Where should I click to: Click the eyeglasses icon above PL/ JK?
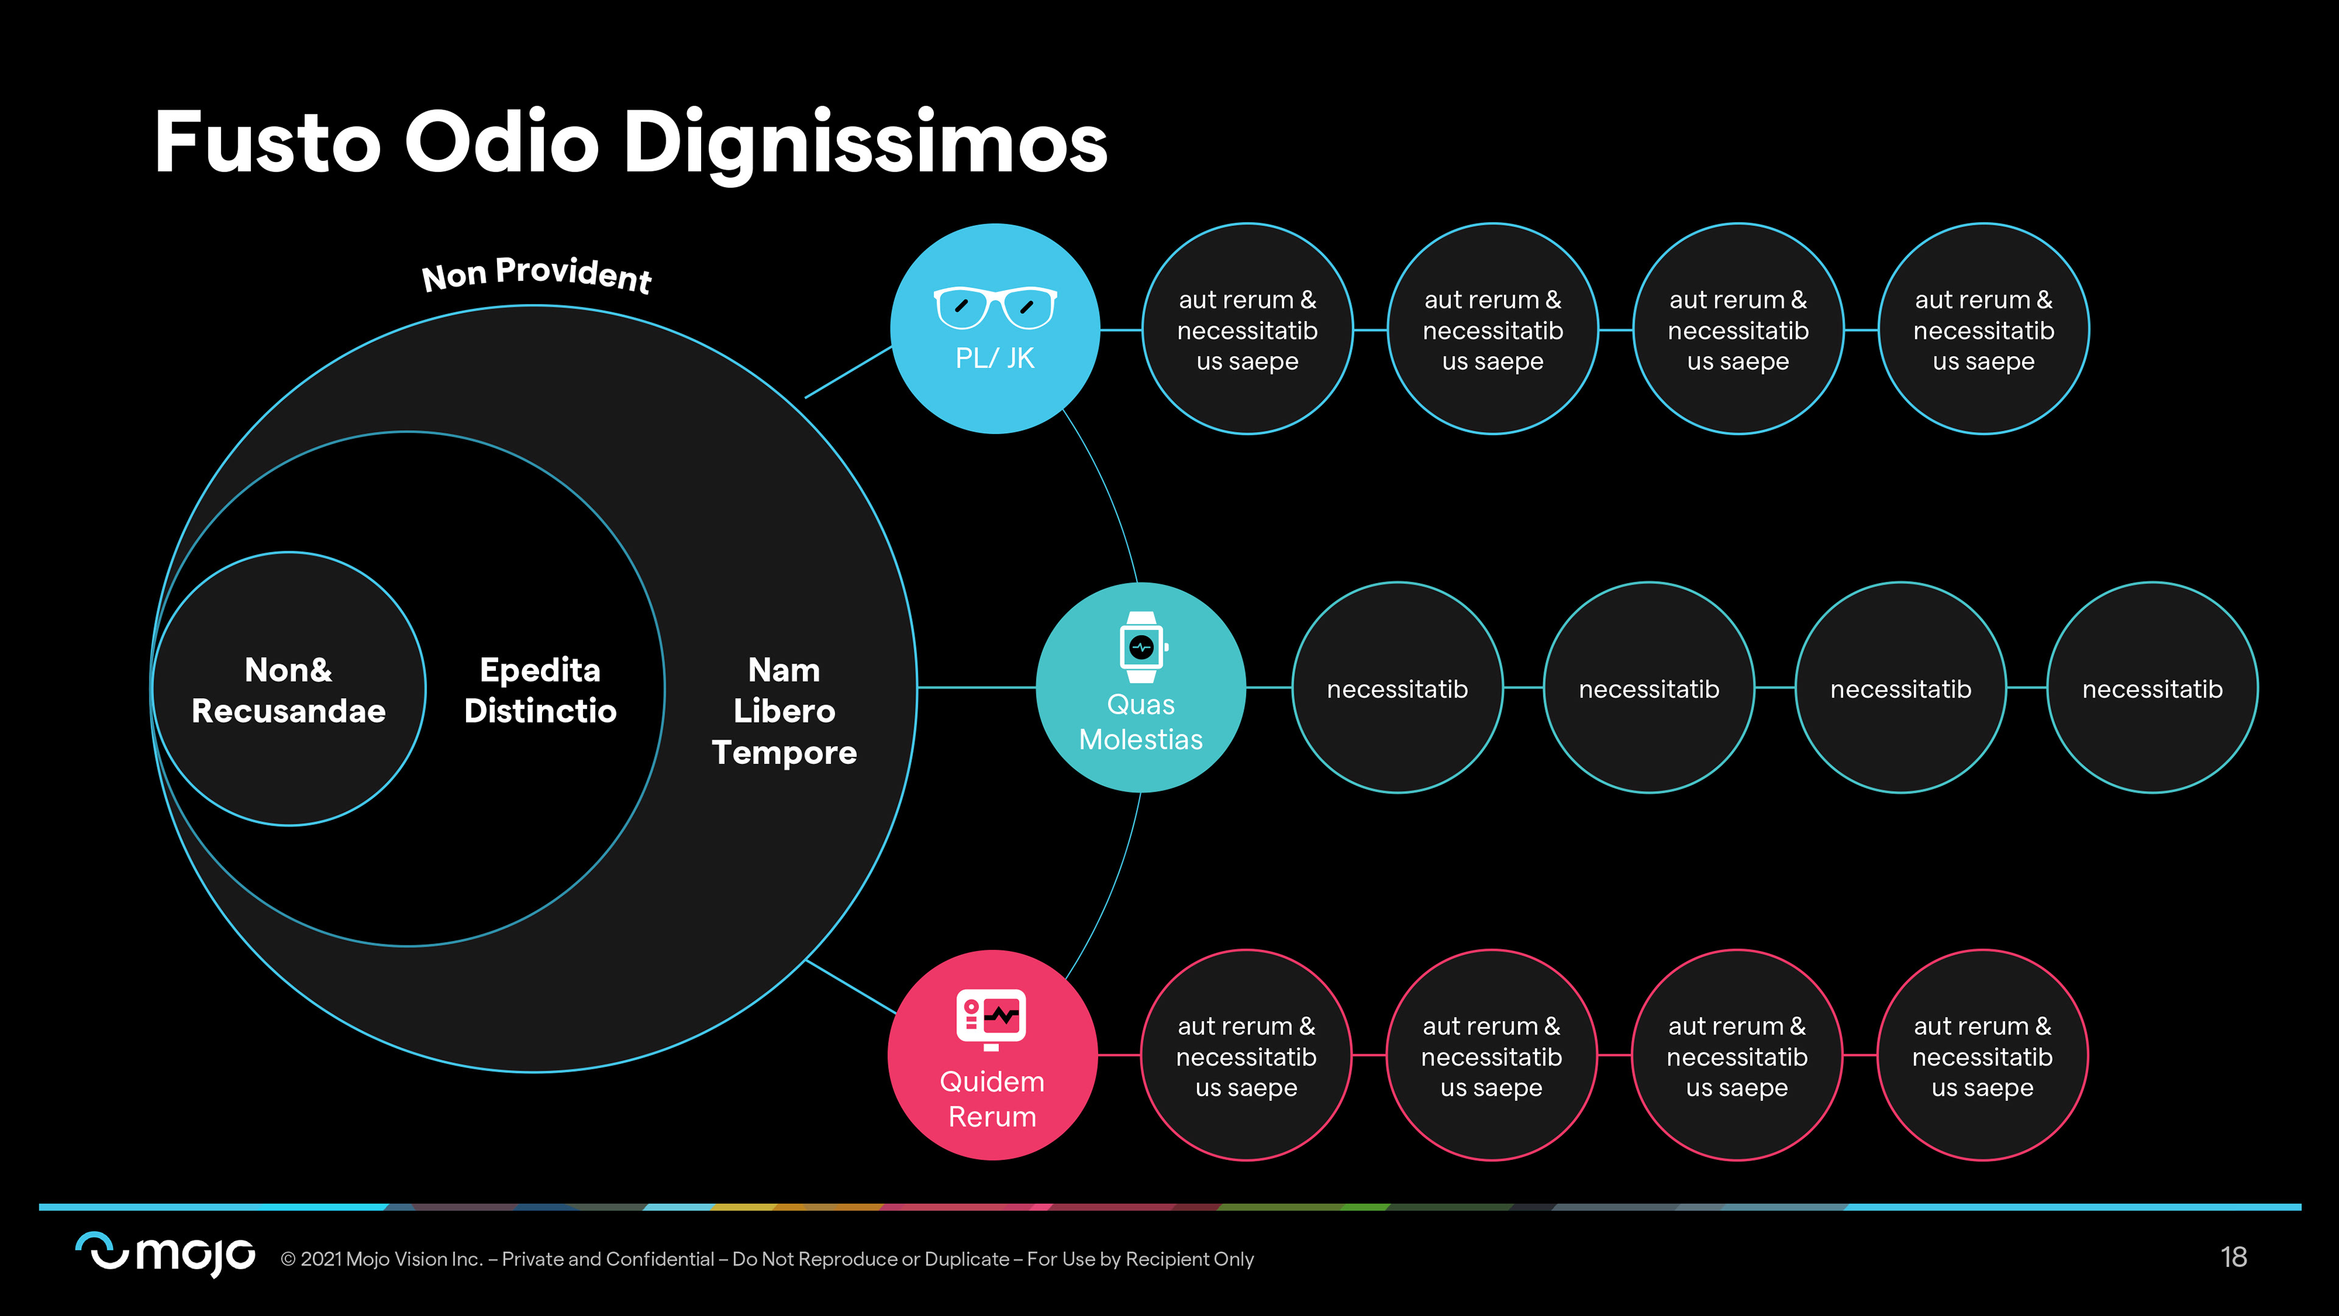click(995, 307)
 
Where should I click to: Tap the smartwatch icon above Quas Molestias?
click(1142, 646)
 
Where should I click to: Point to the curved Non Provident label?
click(537, 274)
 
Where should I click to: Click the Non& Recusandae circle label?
click(289, 690)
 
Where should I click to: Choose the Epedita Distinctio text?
click(540, 690)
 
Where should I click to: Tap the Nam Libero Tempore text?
click(783, 711)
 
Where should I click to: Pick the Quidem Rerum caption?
click(992, 1099)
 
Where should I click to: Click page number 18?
click(2233, 1257)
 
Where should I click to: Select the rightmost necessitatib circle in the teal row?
click(2152, 688)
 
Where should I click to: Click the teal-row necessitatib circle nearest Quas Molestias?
click(1397, 688)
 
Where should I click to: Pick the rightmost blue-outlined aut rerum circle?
click(1983, 329)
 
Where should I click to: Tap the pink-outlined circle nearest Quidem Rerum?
click(1246, 1055)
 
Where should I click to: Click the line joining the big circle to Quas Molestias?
click(976, 687)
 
